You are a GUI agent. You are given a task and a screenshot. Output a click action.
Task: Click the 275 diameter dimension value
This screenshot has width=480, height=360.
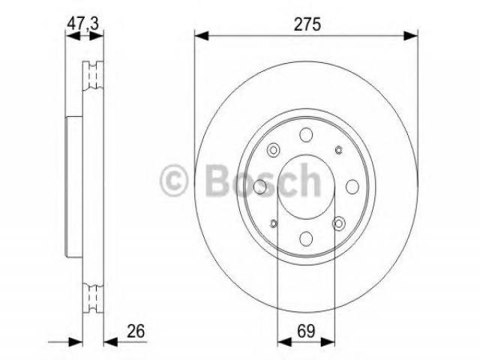click(x=307, y=24)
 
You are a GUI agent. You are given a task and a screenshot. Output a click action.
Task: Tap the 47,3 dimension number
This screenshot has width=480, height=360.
click(x=83, y=23)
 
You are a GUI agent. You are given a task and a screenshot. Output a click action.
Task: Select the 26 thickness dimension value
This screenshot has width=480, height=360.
click(x=136, y=331)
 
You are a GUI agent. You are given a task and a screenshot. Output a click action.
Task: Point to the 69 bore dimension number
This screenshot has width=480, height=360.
click(x=306, y=331)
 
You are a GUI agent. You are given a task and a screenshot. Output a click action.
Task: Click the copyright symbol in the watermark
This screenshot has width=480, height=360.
click(x=173, y=180)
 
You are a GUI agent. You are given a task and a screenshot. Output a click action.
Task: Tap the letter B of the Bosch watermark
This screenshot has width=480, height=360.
click(x=218, y=180)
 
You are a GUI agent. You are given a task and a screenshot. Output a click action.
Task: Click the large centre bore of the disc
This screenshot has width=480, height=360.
click(x=306, y=187)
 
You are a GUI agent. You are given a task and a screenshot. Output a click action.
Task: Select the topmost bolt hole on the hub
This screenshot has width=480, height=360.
click(x=306, y=135)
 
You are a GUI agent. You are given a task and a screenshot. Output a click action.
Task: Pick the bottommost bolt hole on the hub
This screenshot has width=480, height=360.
click(x=306, y=238)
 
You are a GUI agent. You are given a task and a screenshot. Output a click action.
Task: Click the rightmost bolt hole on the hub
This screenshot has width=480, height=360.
click(x=352, y=187)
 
